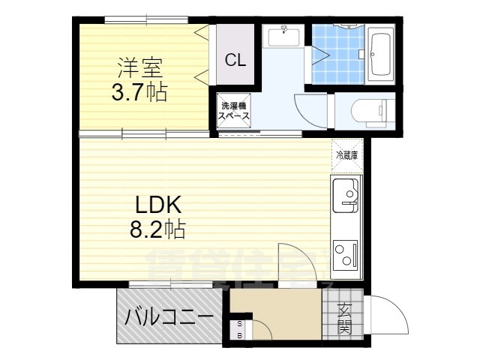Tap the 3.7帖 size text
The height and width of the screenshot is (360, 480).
pos(136,93)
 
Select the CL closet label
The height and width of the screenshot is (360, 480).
pos(235,61)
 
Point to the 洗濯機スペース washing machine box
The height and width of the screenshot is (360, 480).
pos(233,112)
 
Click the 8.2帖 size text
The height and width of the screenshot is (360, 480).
pos(156,227)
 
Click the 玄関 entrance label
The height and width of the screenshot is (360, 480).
pos(344,318)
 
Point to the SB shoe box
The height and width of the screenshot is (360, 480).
pos(239,329)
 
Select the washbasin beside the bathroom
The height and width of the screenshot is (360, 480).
pos(283,37)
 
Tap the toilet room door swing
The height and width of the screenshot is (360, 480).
pos(309,112)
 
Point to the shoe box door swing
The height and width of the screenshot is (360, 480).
pos(261,328)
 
